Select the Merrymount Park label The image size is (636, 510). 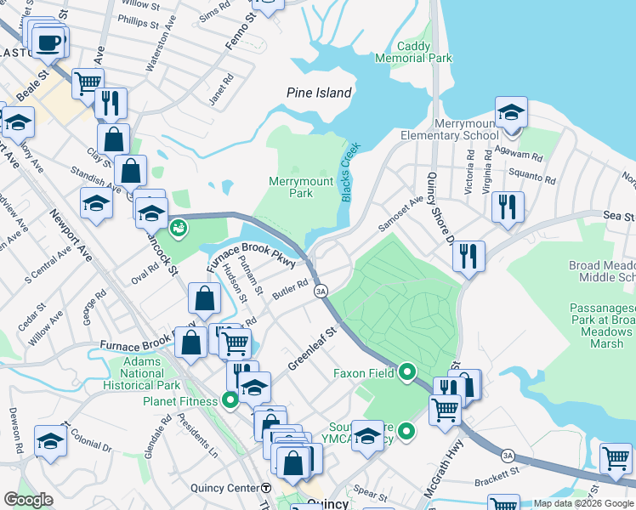coord(291,187)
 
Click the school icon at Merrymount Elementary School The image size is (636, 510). coord(511,113)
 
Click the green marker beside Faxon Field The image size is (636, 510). coord(407,372)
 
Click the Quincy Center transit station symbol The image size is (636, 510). coord(266,488)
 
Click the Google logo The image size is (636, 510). coord(29,499)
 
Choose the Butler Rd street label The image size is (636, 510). coord(290,289)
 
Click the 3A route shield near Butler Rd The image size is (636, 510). coord(321,291)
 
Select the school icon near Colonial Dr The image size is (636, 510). coord(50,441)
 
